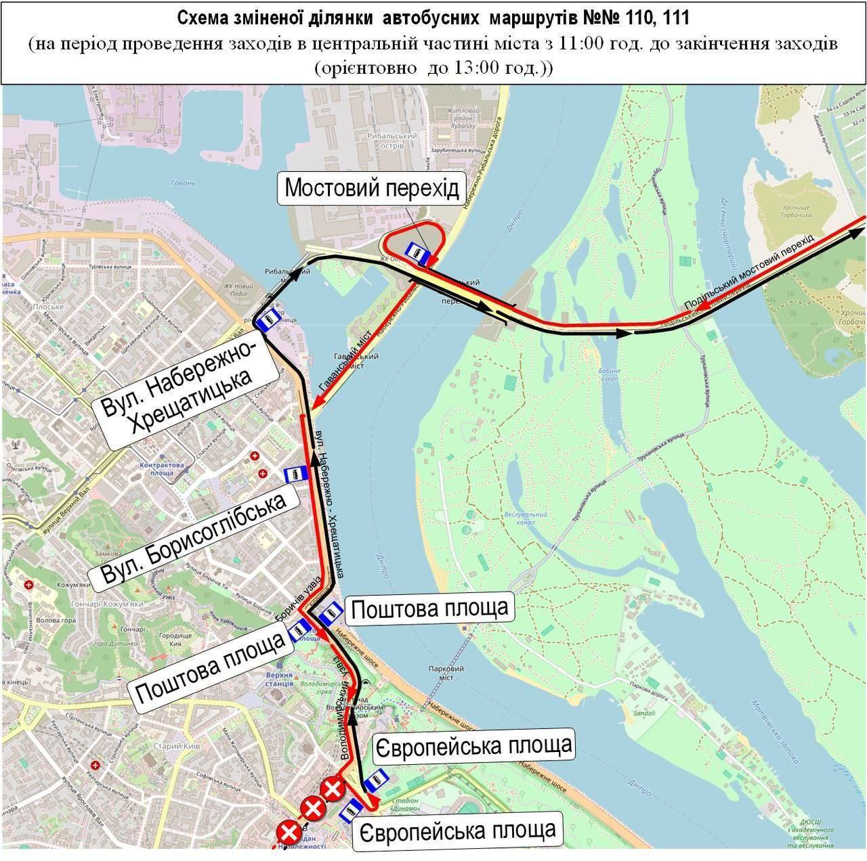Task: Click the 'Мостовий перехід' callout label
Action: click(x=372, y=188)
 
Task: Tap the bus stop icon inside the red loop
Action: click(x=415, y=250)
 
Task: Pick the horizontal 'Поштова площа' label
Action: click(x=429, y=608)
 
